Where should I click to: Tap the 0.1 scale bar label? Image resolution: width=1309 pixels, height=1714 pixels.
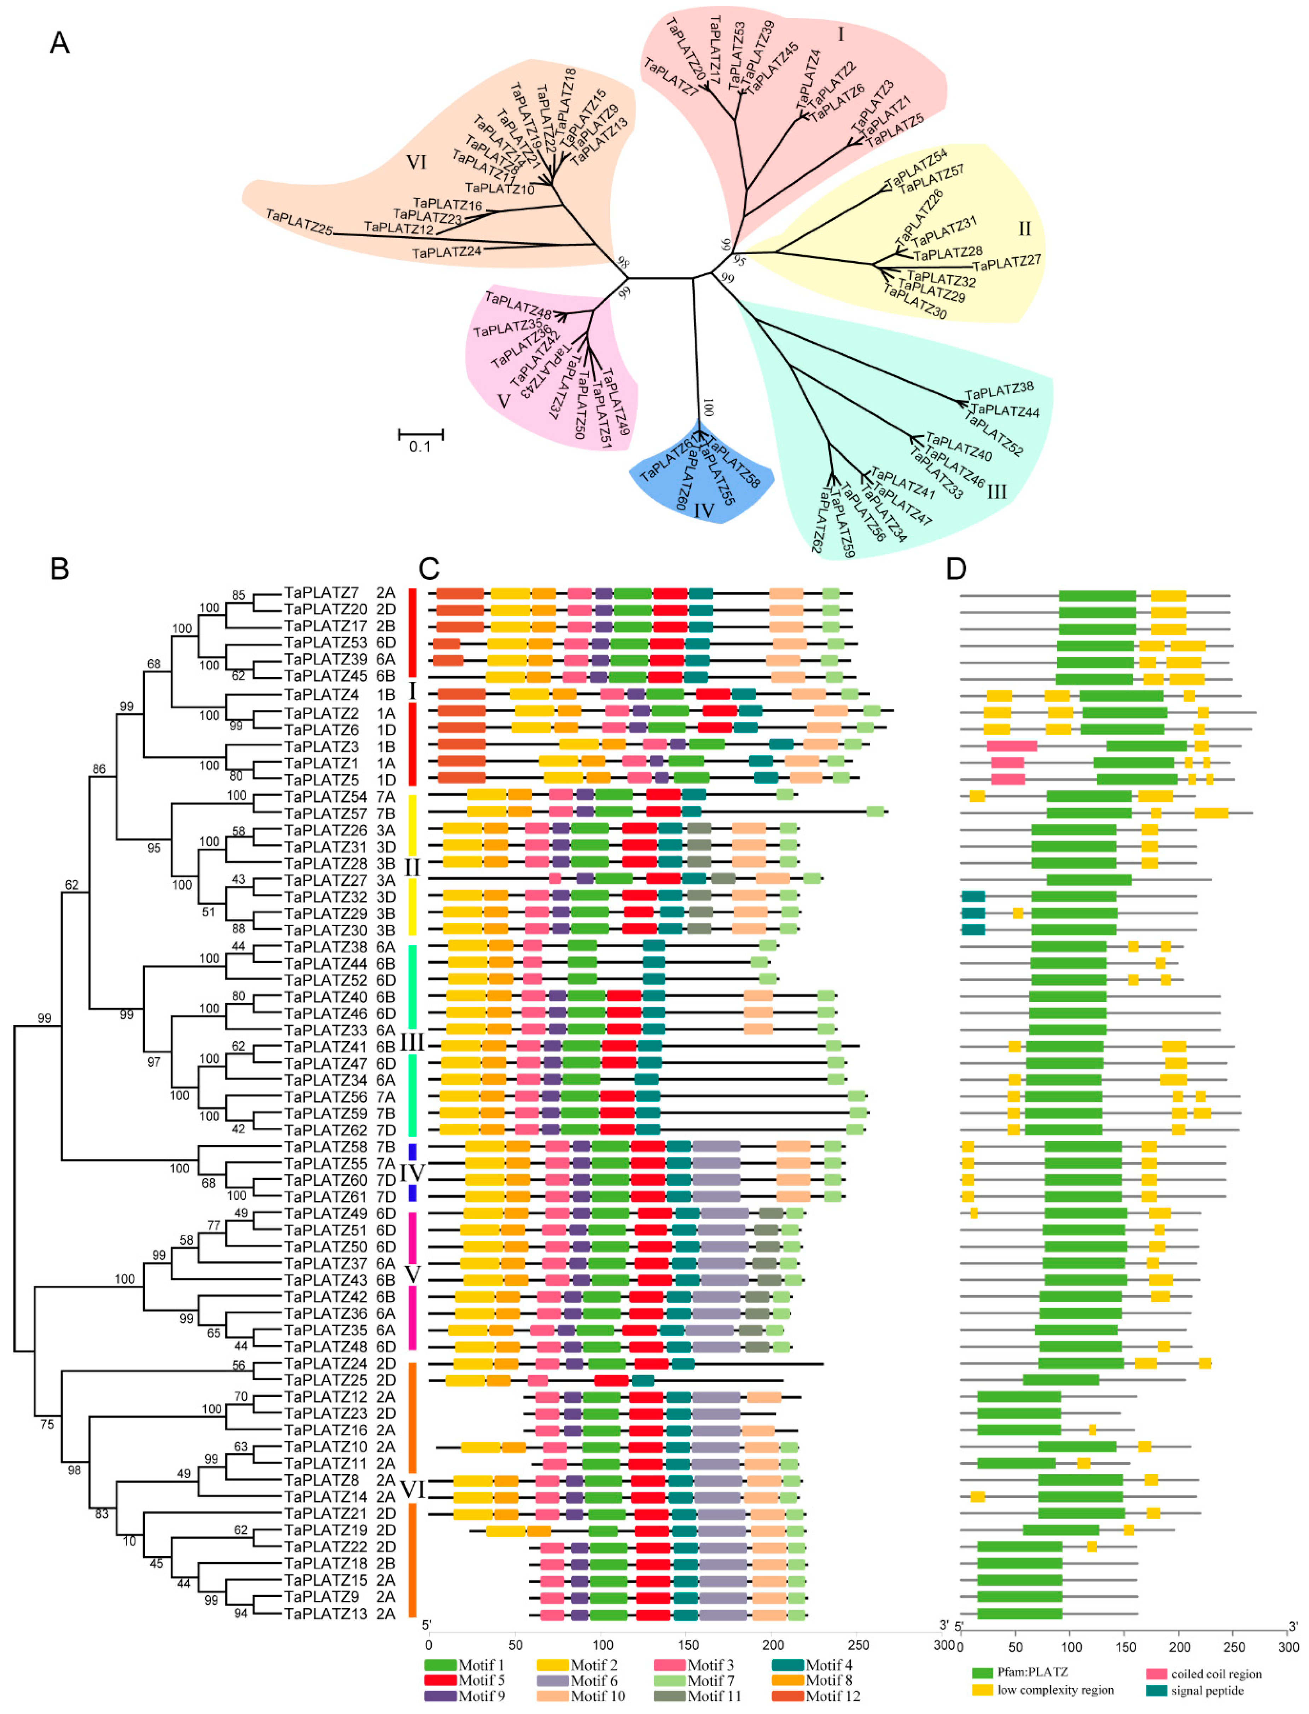pyautogui.click(x=420, y=447)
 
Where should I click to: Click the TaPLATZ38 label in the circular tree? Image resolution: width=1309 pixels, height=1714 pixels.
pyautogui.click(x=1000, y=391)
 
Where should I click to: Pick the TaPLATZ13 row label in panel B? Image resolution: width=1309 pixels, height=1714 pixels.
pyautogui.click(x=326, y=1614)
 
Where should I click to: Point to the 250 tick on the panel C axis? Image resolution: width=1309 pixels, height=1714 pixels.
pyautogui.click(x=859, y=1645)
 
